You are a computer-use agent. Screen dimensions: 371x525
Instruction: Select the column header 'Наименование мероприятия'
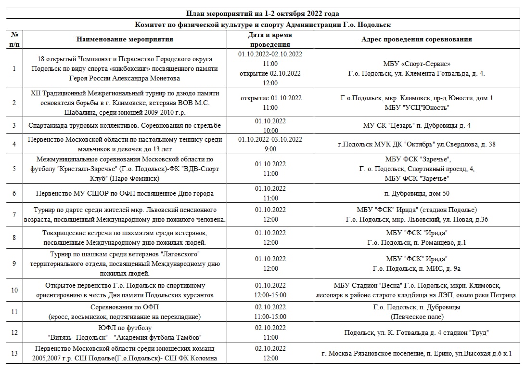tap(125, 39)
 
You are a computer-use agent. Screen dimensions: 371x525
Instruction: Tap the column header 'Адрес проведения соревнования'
tap(416, 39)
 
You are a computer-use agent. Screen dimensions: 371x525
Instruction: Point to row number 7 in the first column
tap(14, 215)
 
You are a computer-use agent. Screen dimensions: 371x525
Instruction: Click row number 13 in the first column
tap(14, 353)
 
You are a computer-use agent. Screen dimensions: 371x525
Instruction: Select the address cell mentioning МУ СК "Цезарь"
tap(416, 125)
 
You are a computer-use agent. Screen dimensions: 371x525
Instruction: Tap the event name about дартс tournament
tap(125, 214)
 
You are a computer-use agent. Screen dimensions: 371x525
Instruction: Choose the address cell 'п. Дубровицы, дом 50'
tap(416, 193)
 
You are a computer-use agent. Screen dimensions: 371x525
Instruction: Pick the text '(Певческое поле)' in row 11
tap(416, 317)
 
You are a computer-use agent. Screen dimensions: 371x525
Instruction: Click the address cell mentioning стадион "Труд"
tap(416, 332)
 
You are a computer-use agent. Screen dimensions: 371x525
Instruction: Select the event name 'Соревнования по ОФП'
tap(125, 307)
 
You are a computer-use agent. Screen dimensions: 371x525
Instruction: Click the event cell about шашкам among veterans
tap(125, 264)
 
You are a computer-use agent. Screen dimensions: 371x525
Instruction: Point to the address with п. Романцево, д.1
tap(416, 242)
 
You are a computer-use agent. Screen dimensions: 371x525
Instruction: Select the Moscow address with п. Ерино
tap(416, 353)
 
